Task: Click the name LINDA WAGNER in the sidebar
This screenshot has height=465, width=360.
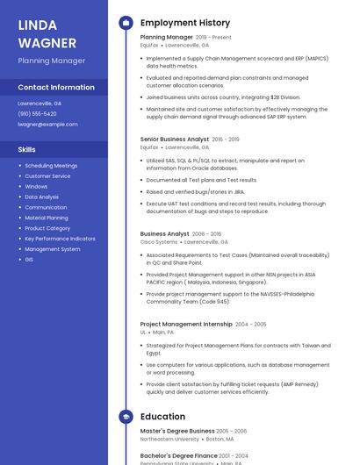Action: click(x=39, y=33)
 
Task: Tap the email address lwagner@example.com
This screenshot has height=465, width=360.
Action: click(x=47, y=125)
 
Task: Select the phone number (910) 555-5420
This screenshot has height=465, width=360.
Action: click(x=37, y=114)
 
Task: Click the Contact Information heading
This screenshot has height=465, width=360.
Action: click(x=56, y=88)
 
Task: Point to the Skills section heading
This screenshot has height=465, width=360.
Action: click(x=27, y=150)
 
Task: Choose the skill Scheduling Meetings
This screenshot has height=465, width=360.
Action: click(x=51, y=166)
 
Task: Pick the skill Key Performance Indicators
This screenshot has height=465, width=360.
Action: click(x=60, y=239)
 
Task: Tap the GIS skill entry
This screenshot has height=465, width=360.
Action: click(x=29, y=260)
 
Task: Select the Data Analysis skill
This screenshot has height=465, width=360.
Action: click(x=41, y=197)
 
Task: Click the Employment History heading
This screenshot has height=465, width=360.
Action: click(x=185, y=23)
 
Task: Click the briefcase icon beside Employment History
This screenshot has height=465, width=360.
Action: click(x=126, y=23)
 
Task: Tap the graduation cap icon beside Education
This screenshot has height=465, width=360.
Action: click(x=126, y=416)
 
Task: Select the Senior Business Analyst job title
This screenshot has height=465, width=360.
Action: click(x=175, y=139)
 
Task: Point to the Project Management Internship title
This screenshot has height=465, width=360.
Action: click(x=186, y=325)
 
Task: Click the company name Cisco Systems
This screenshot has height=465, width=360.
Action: click(x=159, y=242)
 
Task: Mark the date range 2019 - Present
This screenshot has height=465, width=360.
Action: click(x=213, y=38)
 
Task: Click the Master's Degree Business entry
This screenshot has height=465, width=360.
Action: click(x=177, y=432)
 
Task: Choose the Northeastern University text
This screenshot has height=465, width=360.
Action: click(x=169, y=439)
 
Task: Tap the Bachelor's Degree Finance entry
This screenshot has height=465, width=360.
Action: click(x=179, y=456)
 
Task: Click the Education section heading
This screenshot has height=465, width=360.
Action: click(x=162, y=417)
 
